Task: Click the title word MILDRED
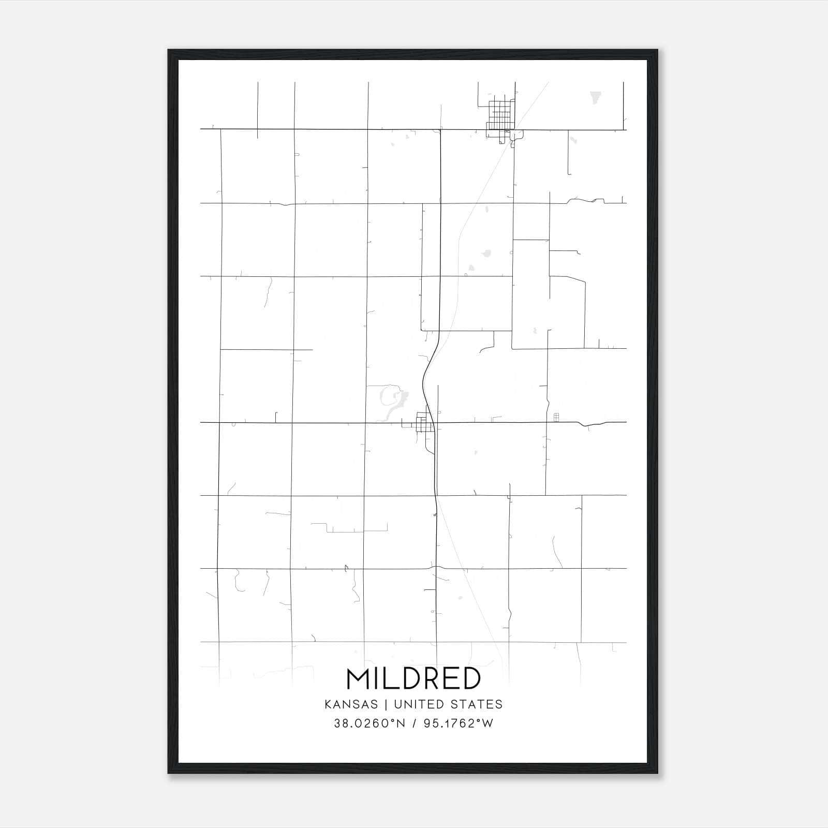[413, 679]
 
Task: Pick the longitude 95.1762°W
[459, 723]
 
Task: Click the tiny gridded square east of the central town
[556, 417]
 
